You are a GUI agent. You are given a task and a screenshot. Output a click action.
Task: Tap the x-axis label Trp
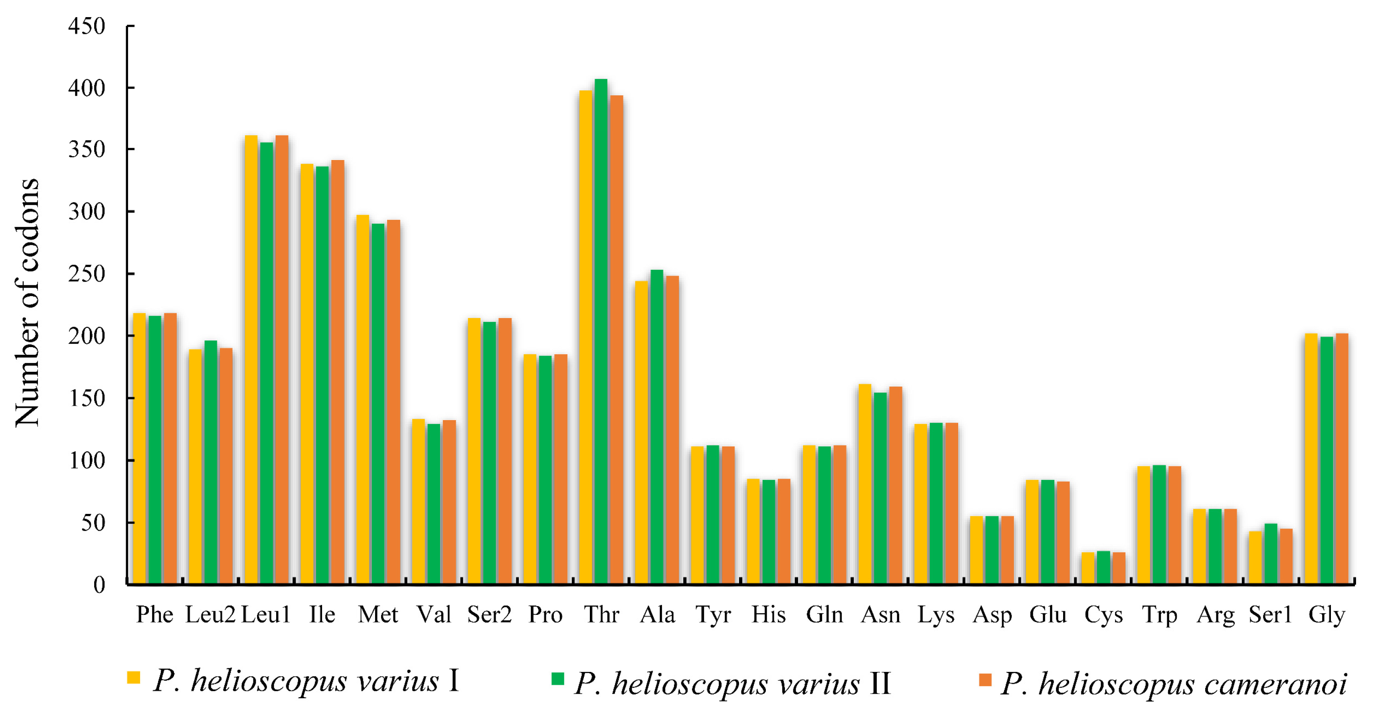1159,615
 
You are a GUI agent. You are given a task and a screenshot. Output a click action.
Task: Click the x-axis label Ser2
489,615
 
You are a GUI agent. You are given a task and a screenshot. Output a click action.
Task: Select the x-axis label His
768,615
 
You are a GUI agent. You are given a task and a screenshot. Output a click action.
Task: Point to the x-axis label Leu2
210,615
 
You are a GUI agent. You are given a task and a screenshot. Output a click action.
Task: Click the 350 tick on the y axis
87,150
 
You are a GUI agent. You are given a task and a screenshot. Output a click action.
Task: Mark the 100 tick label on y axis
87,460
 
